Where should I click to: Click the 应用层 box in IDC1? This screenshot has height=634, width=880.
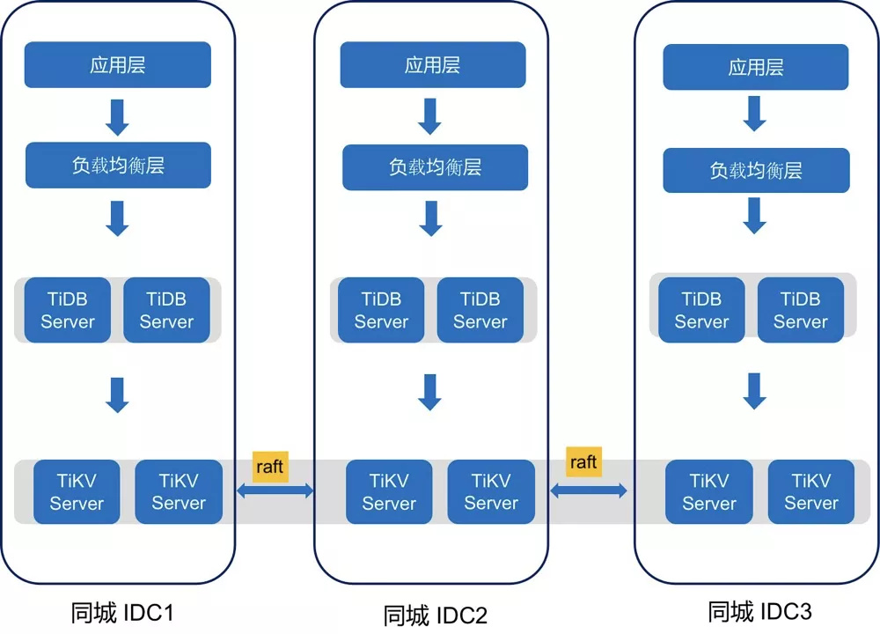(x=118, y=64)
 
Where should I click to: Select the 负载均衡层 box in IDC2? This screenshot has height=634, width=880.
(x=435, y=167)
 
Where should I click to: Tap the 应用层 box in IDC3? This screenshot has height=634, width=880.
(x=756, y=67)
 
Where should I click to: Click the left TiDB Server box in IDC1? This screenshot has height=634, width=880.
(x=68, y=310)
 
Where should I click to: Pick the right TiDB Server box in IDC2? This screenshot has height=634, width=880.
(x=480, y=310)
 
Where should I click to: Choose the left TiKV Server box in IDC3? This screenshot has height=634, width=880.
(x=708, y=492)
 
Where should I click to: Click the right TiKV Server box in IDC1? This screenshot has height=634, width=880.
(x=179, y=492)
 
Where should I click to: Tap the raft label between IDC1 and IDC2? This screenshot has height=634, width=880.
(x=270, y=466)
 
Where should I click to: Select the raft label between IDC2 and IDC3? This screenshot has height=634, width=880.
(x=583, y=461)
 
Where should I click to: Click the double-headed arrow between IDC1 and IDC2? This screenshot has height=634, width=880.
(x=275, y=490)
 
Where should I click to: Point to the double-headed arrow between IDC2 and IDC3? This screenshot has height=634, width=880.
(x=589, y=490)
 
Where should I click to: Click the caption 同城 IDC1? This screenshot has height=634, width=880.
(x=122, y=613)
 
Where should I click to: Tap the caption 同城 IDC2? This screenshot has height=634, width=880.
(x=435, y=616)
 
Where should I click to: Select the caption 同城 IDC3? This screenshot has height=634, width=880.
(x=759, y=611)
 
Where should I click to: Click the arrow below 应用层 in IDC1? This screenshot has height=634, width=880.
(x=117, y=117)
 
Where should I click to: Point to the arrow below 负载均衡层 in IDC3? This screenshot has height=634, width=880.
(x=755, y=215)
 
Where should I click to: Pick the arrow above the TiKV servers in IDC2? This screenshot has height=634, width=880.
(x=430, y=392)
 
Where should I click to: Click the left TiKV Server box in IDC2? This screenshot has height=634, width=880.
(x=389, y=492)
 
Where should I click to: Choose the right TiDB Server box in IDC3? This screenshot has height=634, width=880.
(x=801, y=310)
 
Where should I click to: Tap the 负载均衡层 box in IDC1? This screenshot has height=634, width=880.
(x=118, y=165)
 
